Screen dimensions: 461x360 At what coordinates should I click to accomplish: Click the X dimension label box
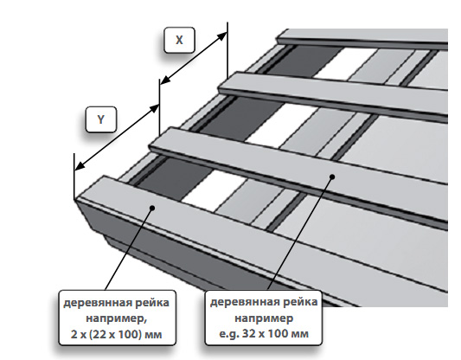(179, 40)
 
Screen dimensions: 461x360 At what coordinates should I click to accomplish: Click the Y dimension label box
(101, 119)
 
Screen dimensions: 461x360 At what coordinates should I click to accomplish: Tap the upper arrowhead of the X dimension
(222, 35)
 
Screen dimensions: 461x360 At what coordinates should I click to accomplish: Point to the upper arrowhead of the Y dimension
(155, 108)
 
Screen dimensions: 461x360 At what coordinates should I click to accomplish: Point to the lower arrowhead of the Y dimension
(80, 166)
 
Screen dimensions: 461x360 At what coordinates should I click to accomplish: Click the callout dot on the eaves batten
(152, 208)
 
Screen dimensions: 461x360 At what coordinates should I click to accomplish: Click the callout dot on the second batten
(332, 177)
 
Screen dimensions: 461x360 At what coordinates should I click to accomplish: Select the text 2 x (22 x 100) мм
(117, 334)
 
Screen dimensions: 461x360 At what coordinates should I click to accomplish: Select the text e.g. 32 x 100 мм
(264, 334)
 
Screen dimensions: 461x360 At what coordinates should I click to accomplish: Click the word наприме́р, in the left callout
(117, 318)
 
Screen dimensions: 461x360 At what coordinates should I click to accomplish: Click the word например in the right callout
(264, 318)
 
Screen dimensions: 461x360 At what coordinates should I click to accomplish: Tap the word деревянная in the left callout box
(98, 303)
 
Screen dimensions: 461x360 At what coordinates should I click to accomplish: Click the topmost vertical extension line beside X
(227, 50)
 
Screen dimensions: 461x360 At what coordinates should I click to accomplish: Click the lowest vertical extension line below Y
(74, 177)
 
